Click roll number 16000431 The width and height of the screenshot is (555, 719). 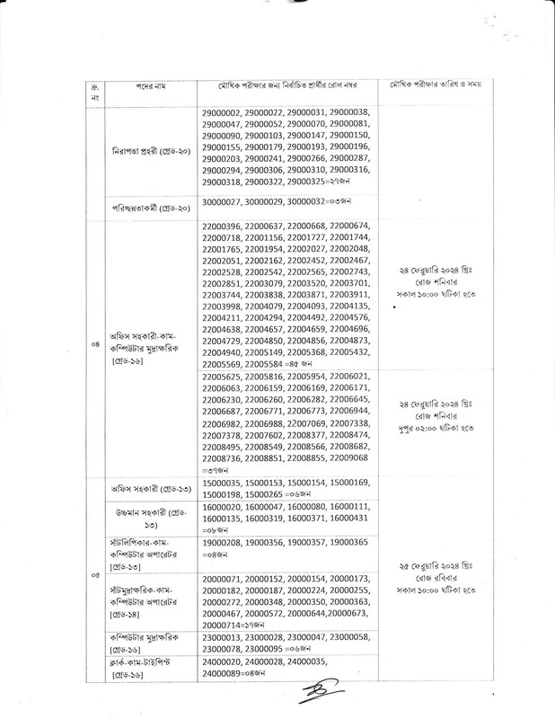click(347, 519)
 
